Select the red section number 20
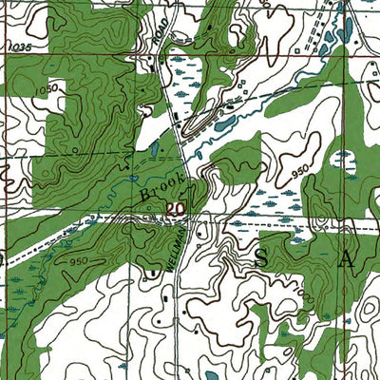tap(176, 209)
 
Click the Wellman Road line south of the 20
tap(189, 285)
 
